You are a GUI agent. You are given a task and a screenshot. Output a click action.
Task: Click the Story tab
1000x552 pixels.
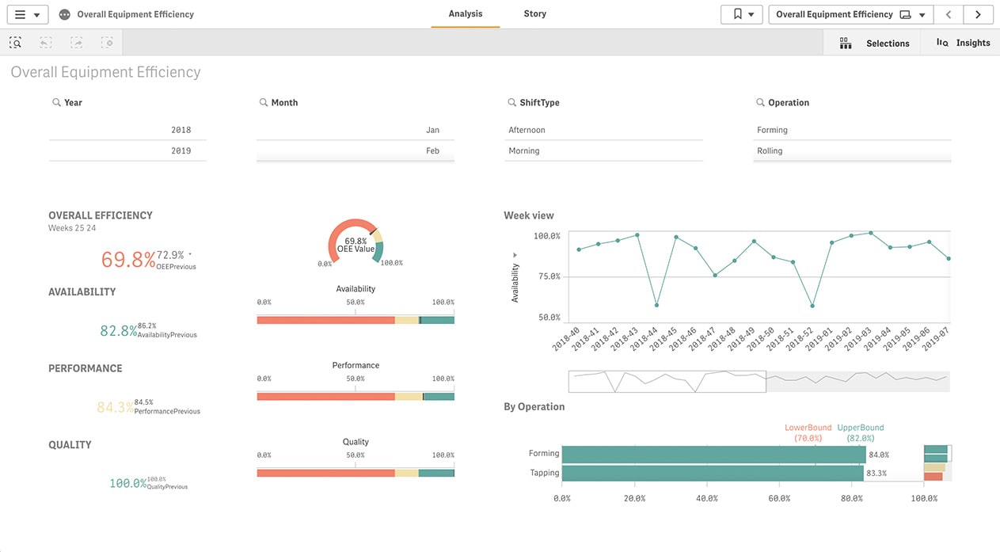click(534, 14)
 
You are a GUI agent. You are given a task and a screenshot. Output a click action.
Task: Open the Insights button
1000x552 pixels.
click(963, 43)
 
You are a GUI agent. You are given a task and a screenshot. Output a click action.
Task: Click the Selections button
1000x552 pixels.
click(875, 43)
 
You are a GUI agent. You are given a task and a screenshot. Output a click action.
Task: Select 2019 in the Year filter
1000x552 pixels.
click(181, 150)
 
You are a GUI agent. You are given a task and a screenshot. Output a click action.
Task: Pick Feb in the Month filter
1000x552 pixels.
click(432, 150)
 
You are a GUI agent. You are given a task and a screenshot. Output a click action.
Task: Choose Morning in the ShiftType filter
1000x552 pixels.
click(524, 150)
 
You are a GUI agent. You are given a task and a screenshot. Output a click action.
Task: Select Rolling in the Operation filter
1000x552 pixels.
click(770, 150)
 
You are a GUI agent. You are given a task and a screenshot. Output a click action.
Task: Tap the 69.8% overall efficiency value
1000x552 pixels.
click(127, 259)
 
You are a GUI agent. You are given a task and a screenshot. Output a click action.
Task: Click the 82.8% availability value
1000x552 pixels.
click(118, 331)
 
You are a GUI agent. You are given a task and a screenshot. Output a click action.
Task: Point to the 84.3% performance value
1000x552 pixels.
click(115, 408)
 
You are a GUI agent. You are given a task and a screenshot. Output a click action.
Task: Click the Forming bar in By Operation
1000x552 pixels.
click(713, 455)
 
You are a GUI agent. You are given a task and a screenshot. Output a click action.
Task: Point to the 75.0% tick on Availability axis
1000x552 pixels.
click(547, 276)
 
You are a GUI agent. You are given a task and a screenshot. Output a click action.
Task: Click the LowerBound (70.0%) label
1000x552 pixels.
click(808, 432)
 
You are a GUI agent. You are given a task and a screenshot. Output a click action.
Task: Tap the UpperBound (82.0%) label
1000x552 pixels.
click(860, 432)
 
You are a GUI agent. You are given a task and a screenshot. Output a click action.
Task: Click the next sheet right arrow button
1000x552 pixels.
click(979, 14)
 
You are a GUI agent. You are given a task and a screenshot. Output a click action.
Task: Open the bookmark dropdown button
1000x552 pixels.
click(741, 14)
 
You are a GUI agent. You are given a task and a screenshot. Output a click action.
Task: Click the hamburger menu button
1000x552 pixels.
click(27, 14)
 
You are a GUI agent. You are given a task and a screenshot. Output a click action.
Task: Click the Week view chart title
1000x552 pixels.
click(529, 215)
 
